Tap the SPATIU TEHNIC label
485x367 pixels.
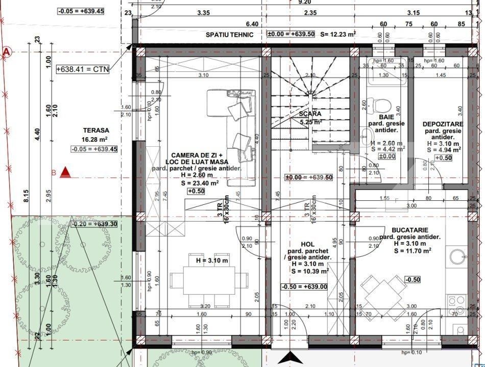[x=229, y=35]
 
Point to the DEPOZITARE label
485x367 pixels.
[x=443, y=124]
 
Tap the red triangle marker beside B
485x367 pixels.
[x=65, y=173]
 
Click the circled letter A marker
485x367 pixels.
[x=7, y=51]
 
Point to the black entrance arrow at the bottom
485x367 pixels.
[x=289, y=358]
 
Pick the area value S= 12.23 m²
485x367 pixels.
[x=338, y=35]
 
